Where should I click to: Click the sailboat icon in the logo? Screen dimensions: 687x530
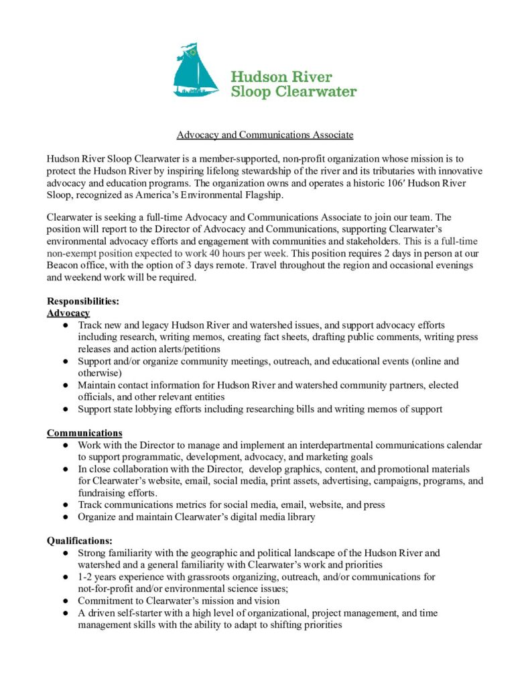click(x=195, y=71)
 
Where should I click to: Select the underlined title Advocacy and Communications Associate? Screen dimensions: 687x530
click(x=265, y=135)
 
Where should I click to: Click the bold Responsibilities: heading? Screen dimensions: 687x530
click(x=83, y=302)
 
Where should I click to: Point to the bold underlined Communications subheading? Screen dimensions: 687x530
click(x=84, y=433)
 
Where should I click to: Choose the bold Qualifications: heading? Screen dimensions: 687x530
click(x=80, y=541)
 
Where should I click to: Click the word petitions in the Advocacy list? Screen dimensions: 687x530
click(x=201, y=349)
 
